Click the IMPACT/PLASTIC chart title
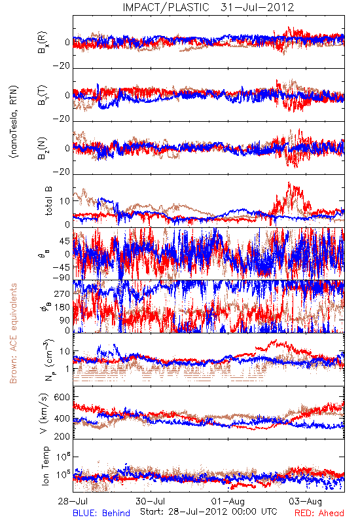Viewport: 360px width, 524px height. point(166,7)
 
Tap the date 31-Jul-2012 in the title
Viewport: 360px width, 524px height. point(257,7)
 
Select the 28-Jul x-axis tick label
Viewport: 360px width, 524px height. point(73,501)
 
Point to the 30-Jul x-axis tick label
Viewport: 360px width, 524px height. point(151,501)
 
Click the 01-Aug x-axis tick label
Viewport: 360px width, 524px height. point(228,501)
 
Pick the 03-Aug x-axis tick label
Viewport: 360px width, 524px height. point(306,501)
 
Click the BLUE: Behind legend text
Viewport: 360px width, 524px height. point(101,513)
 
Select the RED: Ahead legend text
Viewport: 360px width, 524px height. point(319,513)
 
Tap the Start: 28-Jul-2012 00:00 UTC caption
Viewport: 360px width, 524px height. point(209,512)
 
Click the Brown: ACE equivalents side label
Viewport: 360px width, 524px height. point(13,333)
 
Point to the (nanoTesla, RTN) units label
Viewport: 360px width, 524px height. point(14,122)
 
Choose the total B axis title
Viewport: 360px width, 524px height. point(48,201)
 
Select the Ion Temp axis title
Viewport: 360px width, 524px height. point(45,466)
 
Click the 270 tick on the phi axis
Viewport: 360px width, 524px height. point(62,293)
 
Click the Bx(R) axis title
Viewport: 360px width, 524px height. point(43,43)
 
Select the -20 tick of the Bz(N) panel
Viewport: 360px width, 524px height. point(62,172)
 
